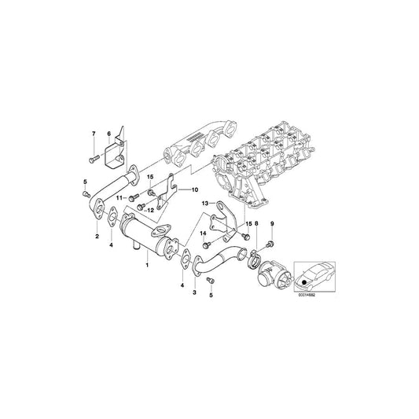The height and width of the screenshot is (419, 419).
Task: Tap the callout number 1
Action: click(x=146, y=268)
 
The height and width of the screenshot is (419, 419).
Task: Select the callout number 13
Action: click(x=204, y=204)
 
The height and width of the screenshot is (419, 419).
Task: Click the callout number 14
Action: click(x=201, y=234)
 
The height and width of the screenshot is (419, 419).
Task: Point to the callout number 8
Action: click(x=255, y=225)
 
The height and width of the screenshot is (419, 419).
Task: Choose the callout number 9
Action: click(x=272, y=225)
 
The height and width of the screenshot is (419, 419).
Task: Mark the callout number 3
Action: click(x=193, y=292)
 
